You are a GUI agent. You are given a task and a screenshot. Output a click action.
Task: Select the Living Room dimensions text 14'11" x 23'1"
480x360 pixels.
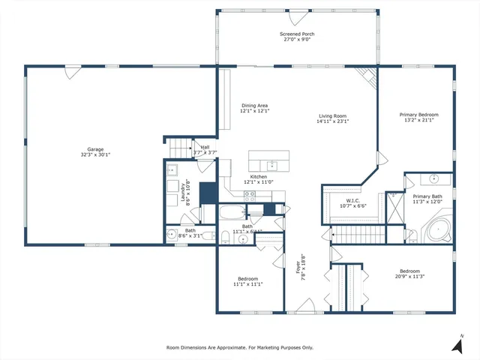[x=333, y=121]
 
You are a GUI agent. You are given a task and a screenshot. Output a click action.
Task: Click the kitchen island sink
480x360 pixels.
[x=271, y=165]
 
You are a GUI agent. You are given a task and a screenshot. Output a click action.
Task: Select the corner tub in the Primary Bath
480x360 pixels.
[x=435, y=229]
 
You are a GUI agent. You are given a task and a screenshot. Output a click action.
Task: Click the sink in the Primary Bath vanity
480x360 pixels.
[x=434, y=180]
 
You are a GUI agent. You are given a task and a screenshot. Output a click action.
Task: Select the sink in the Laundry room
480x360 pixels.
[x=172, y=169]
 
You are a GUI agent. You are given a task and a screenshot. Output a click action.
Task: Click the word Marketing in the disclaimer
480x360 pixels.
[x=268, y=348]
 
